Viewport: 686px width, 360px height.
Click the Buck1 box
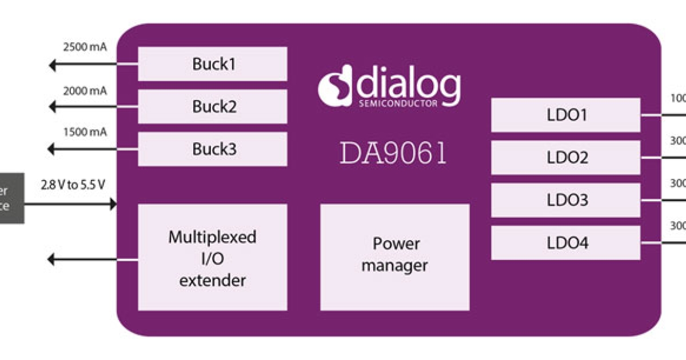(213, 64)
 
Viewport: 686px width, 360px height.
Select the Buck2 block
(213, 107)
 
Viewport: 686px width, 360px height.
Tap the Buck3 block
(213, 149)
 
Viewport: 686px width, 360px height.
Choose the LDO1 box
(566, 115)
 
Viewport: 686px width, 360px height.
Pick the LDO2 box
(566, 158)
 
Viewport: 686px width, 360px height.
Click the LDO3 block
(566, 201)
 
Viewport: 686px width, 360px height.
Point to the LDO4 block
(566, 243)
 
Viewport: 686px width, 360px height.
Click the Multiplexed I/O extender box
(213, 258)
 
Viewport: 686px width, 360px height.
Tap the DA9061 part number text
(393, 154)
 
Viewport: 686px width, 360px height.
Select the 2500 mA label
(85, 47)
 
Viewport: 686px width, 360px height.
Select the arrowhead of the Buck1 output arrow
(52, 66)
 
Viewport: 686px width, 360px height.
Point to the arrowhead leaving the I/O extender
(52, 260)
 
